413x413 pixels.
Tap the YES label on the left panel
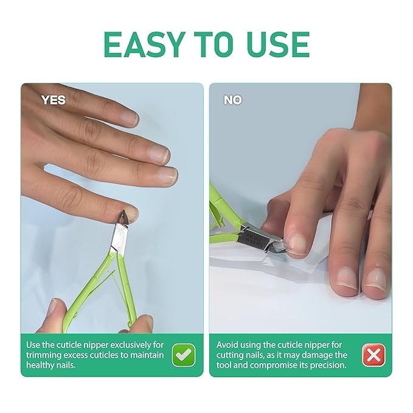click(53, 100)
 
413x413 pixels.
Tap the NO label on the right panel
click(232, 100)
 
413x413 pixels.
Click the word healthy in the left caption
click(43, 365)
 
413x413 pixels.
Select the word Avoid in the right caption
click(229, 344)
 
